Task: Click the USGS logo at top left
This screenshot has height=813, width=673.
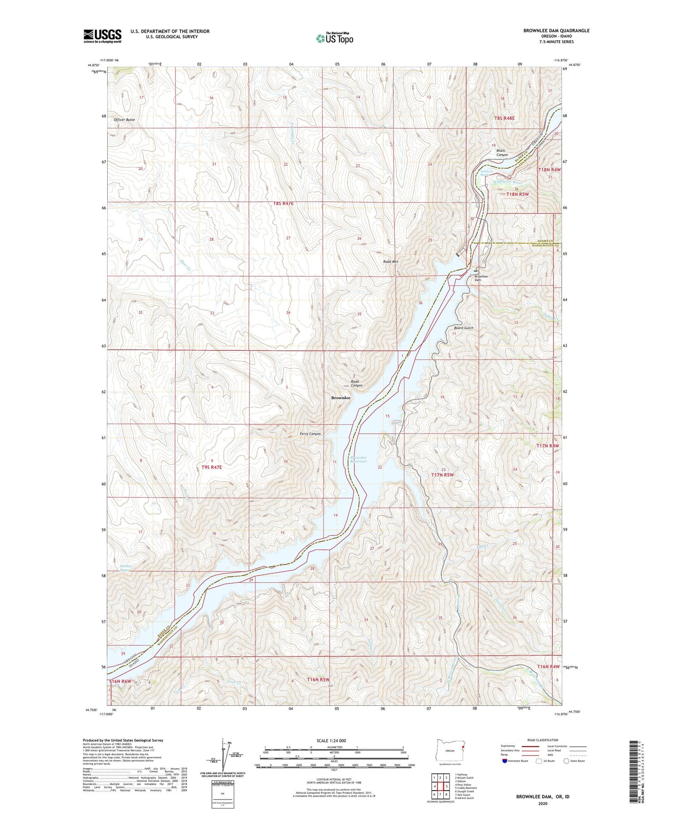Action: [x=102, y=36]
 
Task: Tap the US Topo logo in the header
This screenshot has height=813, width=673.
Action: [x=334, y=39]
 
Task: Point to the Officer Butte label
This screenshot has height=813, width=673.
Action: [x=124, y=120]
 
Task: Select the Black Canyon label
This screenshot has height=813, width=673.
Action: [x=502, y=152]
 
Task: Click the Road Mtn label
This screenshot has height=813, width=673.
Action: [x=390, y=261]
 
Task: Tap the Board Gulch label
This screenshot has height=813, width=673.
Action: [x=463, y=328]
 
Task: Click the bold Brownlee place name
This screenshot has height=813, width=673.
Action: [x=341, y=398]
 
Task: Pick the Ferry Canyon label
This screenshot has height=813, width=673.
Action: [x=310, y=434]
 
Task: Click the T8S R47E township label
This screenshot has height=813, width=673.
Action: [x=283, y=203]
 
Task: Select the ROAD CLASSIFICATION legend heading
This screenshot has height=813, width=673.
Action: [x=543, y=740]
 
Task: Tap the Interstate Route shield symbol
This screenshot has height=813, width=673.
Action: [x=505, y=761]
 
